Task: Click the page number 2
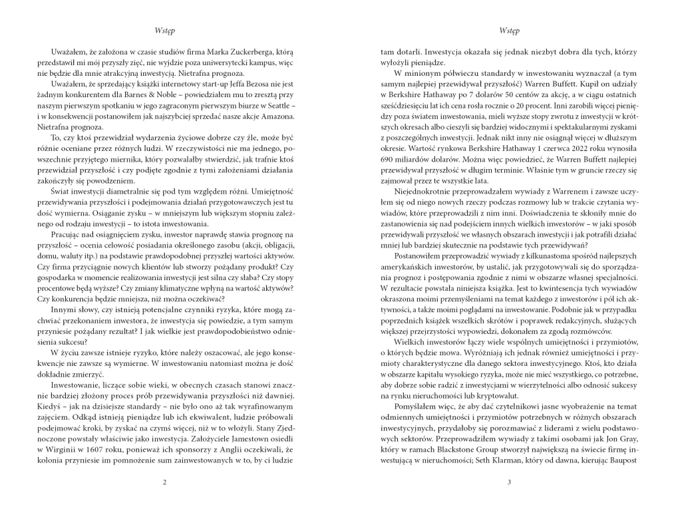(164, 482)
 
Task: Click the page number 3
(508, 482)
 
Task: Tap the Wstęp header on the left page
(164, 31)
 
